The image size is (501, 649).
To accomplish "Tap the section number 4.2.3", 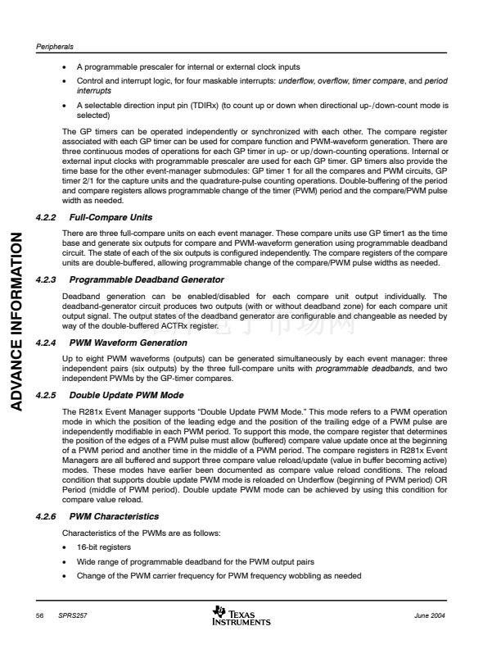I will (49, 280).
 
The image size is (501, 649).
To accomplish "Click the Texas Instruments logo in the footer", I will (241, 615).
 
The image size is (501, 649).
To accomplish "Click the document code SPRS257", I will (71, 615).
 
